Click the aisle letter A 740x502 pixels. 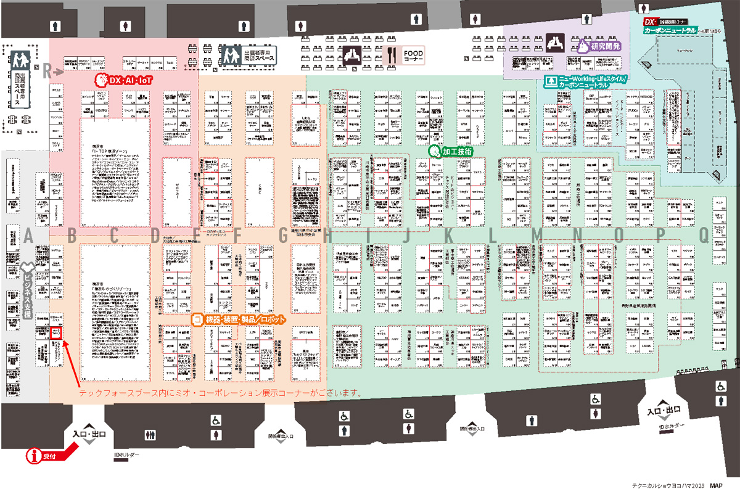click(28, 235)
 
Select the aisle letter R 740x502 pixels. click(46, 72)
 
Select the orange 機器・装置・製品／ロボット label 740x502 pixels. click(239, 319)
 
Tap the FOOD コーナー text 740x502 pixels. click(413, 56)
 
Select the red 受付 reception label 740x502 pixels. click(49, 457)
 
